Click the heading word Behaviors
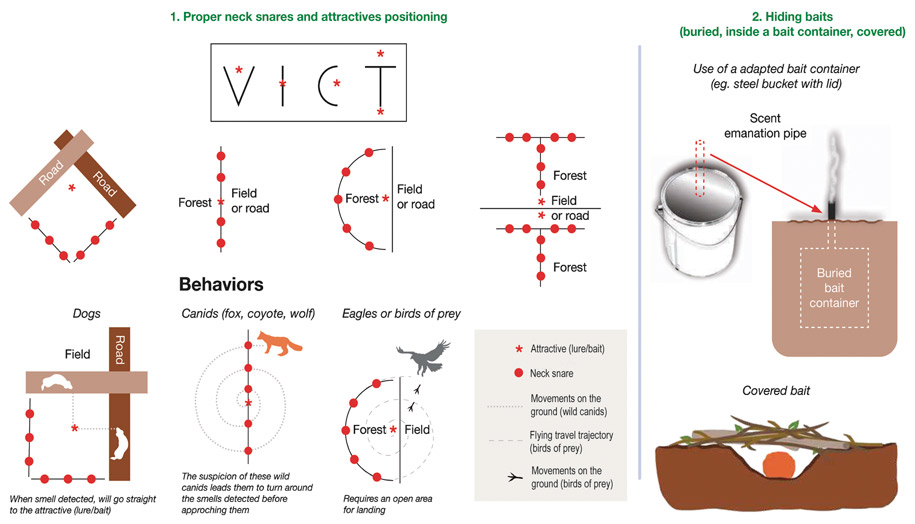click(x=221, y=284)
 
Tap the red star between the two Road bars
click(x=71, y=188)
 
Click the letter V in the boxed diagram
click(x=235, y=84)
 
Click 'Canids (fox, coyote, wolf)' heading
click(x=248, y=314)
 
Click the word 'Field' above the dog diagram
click(x=77, y=353)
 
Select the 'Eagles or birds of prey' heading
click(x=401, y=314)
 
